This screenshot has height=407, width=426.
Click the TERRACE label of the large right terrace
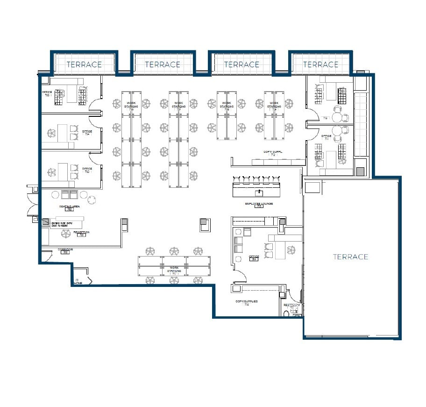click(x=350, y=257)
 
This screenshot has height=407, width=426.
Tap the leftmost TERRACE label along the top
click(x=84, y=64)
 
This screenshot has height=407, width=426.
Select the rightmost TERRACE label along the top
click(x=320, y=64)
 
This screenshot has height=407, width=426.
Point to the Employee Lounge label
click(x=259, y=204)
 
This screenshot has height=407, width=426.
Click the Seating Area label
click(x=68, y=207)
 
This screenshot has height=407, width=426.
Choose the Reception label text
click(x=81, y=232)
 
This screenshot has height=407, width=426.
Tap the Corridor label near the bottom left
click(x=65, y=250)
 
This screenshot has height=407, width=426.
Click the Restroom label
click(x=292, y=305)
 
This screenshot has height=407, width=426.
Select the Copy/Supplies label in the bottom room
click(x=246, y=301)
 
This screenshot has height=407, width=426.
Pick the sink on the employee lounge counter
click(x=259, y=192)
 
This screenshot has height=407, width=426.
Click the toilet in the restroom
click(x=286, y=314)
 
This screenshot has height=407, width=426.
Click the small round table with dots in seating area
click(x=93, y=199)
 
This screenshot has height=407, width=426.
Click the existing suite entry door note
click(x=62, y=224)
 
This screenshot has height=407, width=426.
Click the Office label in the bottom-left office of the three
click(x=87, y=169)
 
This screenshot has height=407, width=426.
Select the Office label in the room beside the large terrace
click(x=254, y=257)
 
